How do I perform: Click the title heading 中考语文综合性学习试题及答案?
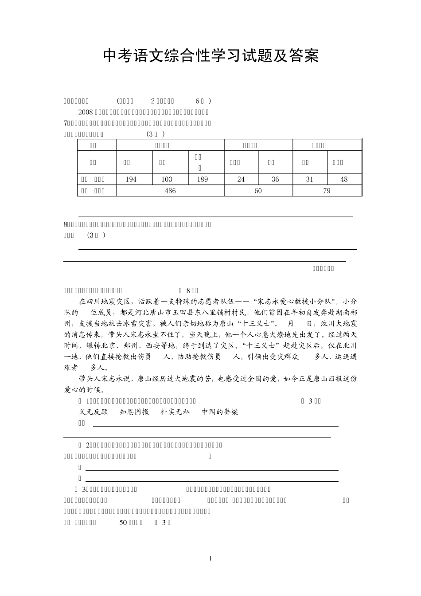click(x=210, y=55)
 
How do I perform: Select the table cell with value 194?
click(x=131, y=179)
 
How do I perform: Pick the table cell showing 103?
click(x=167, y=179)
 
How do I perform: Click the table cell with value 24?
click(x=241, y=179)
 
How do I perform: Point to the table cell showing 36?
click(x=275, y=179)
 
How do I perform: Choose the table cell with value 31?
click(x=309, y=179)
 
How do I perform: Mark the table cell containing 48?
click(x=344, y=179)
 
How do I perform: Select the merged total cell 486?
click(x=170, y=191)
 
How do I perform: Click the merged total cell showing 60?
click(x=258, y=191)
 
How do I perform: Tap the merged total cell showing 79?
click(x=327, y=191)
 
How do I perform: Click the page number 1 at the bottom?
click(x=210, y=558)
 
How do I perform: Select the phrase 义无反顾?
click(x=94, y=412)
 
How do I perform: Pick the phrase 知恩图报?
click(x=134, y=412)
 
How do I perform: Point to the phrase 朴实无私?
click(x=175, y=412)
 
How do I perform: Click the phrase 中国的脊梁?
click(x=220, y=412)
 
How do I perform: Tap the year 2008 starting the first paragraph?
click(x=85, y=112)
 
